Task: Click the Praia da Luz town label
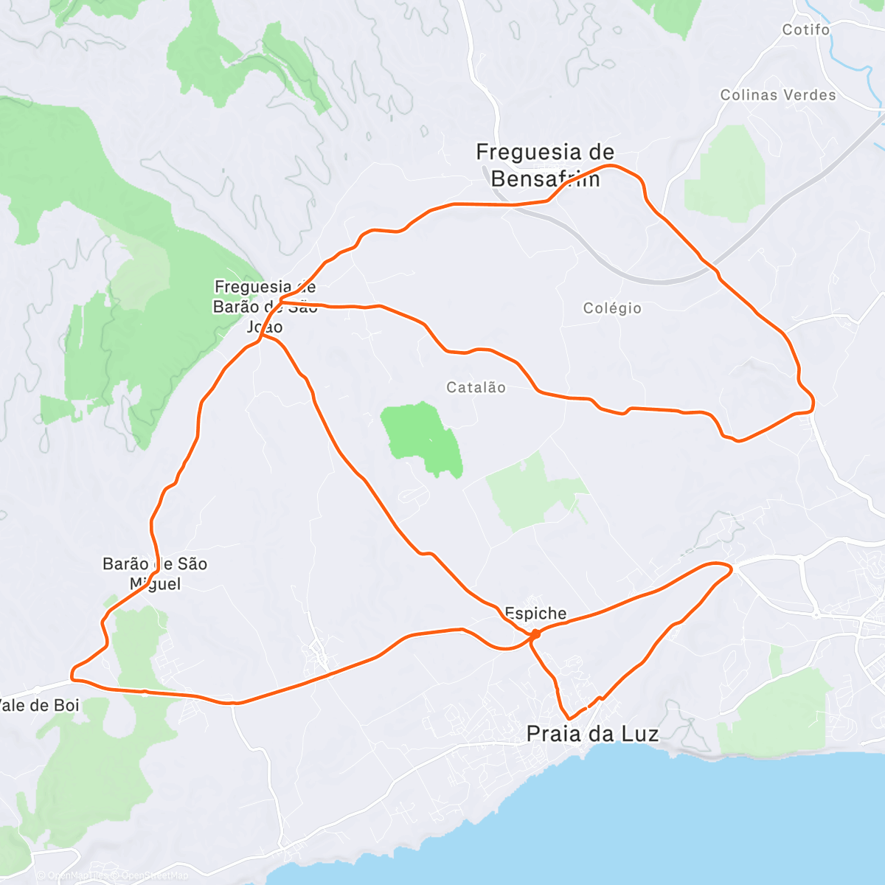(x=592, y=734)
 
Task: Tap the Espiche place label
(x=535, y=613)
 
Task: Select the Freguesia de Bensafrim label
(x=545, y=165)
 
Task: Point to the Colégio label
(x=612, y=308)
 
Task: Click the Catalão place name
(x=476, y=387)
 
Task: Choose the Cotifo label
(x=806, y=30)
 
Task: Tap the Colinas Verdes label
(x=778, y=95)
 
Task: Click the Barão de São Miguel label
(x=155, y=574)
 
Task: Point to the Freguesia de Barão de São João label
(x=265, y=306)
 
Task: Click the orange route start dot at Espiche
(x=535, y=634)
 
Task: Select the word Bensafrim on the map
(x=545, y=178)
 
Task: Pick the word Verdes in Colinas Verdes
(x=810, y=95)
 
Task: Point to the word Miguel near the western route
(x=155, y=584)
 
